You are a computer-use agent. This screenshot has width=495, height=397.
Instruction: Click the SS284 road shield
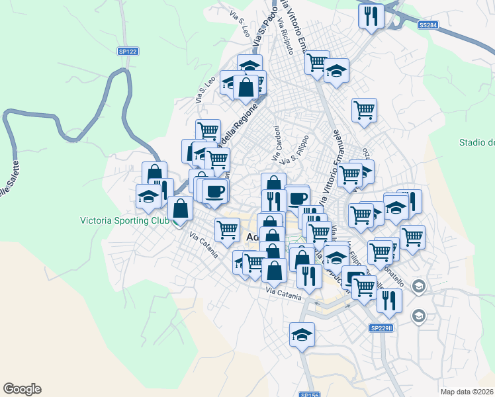pyautogui.click(x=428, y=25)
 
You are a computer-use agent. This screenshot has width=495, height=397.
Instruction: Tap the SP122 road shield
pyautogui.click(x=128, y=51)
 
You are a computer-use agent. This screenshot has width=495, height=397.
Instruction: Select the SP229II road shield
pyautogui.click(x=381, y=328)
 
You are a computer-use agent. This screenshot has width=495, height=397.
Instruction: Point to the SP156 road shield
pyautogui.click(x=309, y=394)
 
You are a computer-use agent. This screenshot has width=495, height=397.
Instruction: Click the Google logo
pyautogui.click(x=22, y=389)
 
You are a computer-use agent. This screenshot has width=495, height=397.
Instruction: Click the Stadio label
pyautogui.click(x=476, y=142)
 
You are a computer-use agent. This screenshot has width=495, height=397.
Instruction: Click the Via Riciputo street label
pyautogui.click(x=289, y=39)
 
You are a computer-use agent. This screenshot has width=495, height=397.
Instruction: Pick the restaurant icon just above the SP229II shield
pyautogui.click(x=389, y=300)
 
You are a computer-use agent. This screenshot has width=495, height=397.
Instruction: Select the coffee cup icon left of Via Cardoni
pyautogui.click(x=214, y=192)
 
